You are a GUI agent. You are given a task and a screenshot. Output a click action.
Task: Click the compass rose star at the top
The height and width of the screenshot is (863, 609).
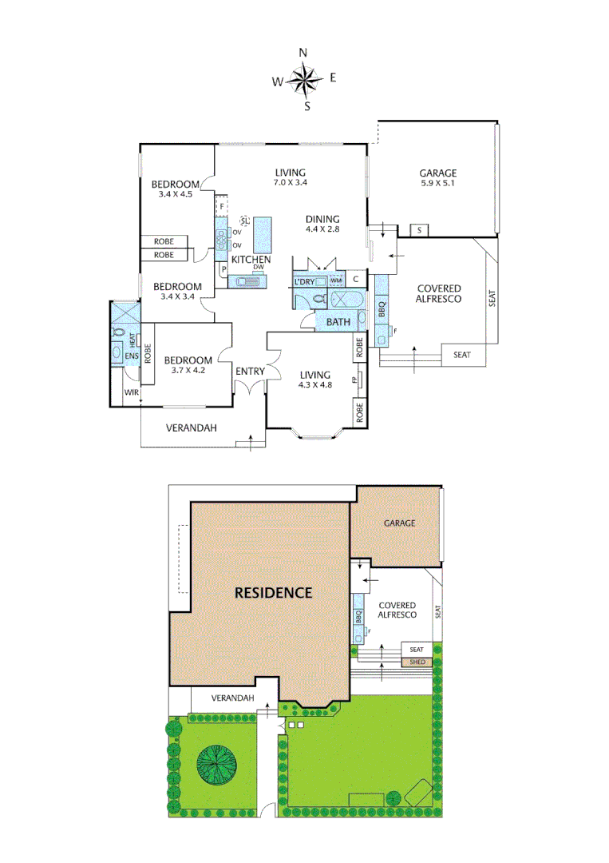(x=303, y=79)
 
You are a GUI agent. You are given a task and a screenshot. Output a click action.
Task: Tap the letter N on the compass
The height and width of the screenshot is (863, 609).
(x=303, y=52)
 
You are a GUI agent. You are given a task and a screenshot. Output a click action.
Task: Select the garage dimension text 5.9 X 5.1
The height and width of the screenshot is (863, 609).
(x=438, y=182)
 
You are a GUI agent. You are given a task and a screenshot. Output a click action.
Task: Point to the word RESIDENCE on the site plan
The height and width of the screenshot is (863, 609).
(x=272, y=593)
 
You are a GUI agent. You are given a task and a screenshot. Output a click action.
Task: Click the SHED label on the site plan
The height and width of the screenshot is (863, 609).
(x=416, y=662)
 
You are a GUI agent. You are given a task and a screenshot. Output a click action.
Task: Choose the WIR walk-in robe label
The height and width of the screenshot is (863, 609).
(x=131, y=392)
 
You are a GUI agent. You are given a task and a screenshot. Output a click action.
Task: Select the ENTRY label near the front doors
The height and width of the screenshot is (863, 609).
(x=250, y=371)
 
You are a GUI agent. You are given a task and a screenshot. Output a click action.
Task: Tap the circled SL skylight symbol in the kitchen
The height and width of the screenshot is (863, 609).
(x=245, y=221)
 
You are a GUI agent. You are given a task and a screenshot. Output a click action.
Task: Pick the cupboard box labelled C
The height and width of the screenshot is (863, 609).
(x=356, y=280)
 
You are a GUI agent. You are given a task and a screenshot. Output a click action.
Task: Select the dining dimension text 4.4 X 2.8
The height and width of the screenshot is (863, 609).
(x=322, y=229)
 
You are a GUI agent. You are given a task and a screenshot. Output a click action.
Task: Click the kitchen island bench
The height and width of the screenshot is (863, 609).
(x=263, y=234)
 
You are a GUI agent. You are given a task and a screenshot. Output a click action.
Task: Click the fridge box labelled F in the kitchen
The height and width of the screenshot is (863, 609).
(x=223, y=207)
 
